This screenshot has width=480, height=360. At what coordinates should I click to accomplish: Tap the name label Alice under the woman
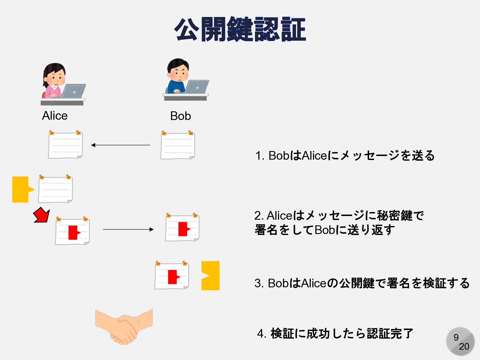tap(55, 116)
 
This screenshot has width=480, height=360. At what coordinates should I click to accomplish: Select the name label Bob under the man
tap(180, 116)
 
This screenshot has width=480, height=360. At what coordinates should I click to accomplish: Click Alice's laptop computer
tap(74, 91)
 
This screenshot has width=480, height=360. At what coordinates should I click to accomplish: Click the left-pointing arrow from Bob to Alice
tap(121, 145)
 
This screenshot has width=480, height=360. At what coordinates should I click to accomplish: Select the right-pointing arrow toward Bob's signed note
tap(128, 229)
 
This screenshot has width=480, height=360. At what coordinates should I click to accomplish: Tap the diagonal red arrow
tap(42, 215)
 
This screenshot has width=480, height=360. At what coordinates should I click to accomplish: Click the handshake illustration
tap(124, 327)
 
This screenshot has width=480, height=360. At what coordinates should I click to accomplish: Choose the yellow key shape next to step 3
tap(211, 275)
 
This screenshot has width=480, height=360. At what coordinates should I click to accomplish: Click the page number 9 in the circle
tap(456, 337)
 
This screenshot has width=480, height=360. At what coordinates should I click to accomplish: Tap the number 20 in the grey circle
tap(464, 347)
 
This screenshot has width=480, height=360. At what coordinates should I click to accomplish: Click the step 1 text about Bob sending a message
tap(345, 156)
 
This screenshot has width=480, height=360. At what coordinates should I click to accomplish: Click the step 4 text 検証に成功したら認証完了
tap(335, 333)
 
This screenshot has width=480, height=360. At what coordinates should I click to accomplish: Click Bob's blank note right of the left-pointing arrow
tap(178, 146)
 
